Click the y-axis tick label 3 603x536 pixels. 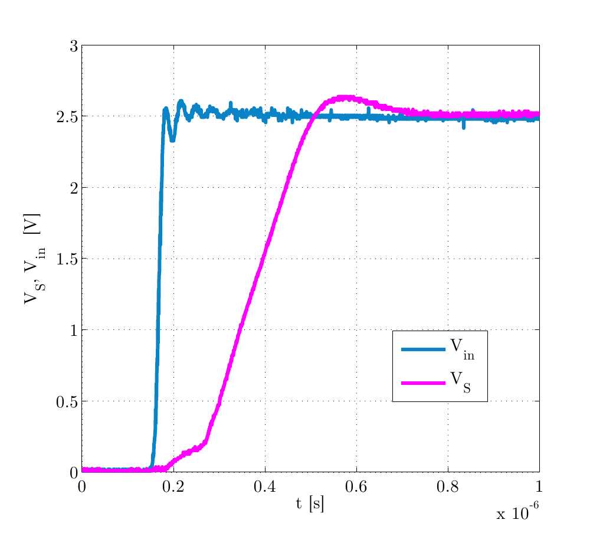[73, 46]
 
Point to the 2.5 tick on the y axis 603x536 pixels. [67, 117]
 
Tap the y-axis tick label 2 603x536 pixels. [73, 188]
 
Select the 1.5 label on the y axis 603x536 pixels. [67, 259]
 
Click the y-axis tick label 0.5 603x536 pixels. [67, 401]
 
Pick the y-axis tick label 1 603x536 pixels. [73, 331]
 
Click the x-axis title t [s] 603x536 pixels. [310, 504]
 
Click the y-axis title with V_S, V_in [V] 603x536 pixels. [32, 259]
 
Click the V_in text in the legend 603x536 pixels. [462, 349]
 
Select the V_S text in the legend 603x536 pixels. [460, 382]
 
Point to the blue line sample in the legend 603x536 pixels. [423, 349]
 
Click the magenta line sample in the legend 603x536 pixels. [423, 383]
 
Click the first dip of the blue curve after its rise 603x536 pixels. [172, 139]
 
